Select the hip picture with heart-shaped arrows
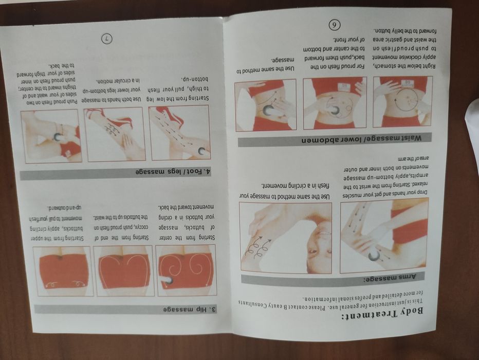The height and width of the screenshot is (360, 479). click(124, 270)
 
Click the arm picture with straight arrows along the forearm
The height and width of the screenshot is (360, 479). click(383, 235)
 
